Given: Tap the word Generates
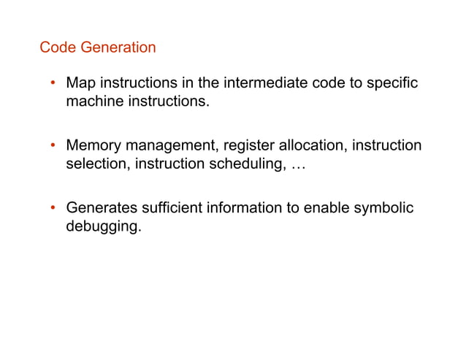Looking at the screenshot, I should tap(101, 209).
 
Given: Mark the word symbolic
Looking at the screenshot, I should tap(385, 209).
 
